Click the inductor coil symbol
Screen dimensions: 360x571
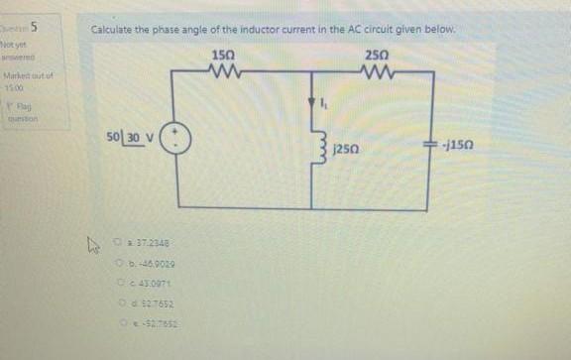coord(313,149)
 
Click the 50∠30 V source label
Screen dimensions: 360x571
coord(129,134)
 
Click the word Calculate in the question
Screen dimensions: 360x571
coord(117,30)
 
